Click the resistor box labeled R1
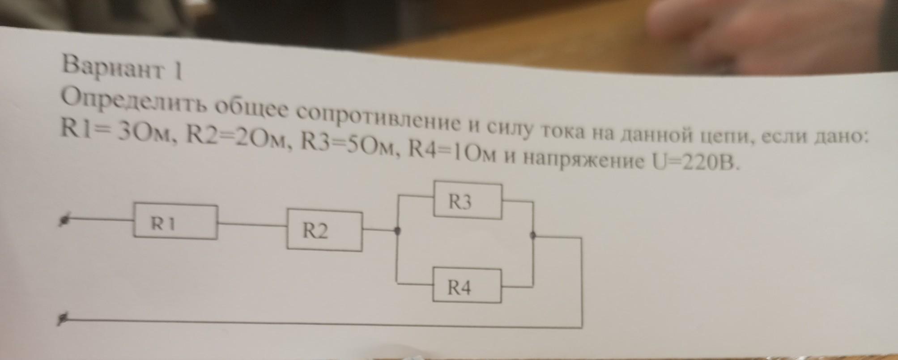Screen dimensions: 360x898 [175, 222]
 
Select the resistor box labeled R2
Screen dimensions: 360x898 [324, 230]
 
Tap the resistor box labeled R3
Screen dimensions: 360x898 [468, 201]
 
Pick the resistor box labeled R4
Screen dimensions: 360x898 [467, 286]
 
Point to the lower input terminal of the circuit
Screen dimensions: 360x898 [63, 319]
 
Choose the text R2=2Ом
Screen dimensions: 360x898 [237, 138]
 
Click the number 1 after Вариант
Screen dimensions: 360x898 [179, 72]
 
